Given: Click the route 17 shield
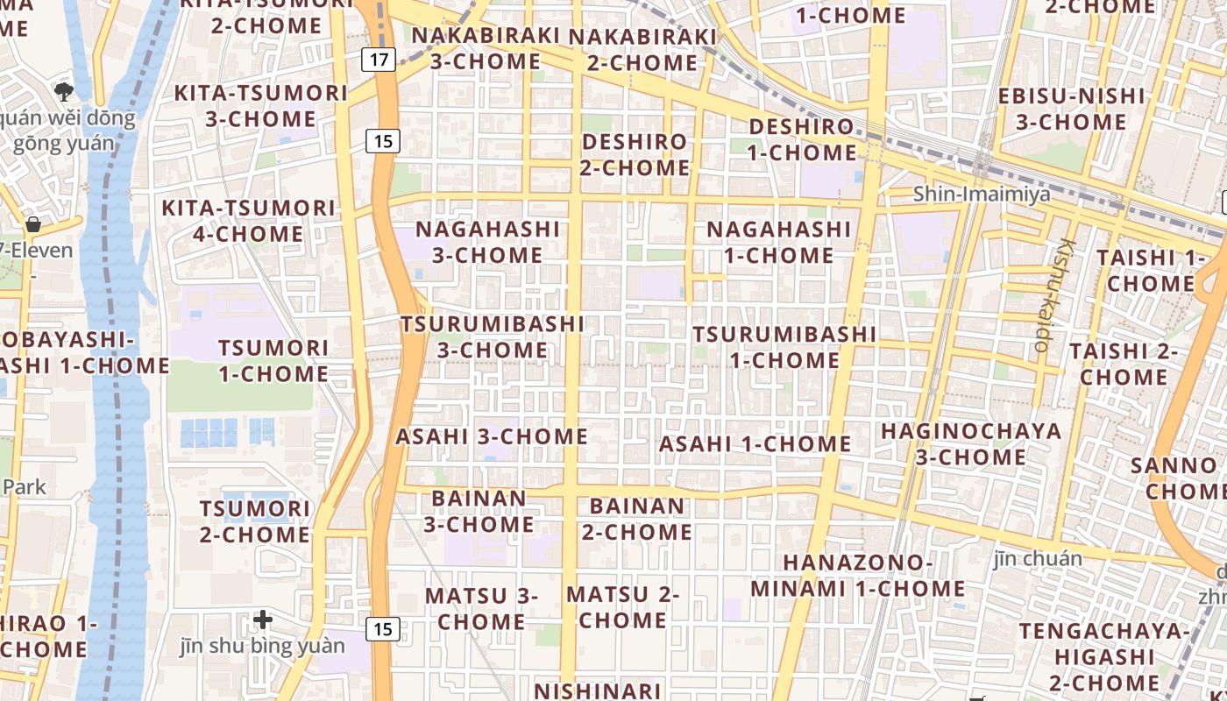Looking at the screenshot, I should pos(379,60).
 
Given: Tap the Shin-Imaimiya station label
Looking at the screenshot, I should pos(982,194).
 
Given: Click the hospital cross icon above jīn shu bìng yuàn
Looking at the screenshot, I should pos(263,620).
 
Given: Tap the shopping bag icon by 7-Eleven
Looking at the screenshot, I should pos(33,224).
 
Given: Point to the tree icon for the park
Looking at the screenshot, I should pos(63,90).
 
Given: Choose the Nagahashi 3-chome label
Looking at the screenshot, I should pos(487,242).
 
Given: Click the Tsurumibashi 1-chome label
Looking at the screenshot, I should pos(784,347).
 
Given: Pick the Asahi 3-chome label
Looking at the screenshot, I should pos(492,436).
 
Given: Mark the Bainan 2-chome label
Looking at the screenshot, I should pos(637,519).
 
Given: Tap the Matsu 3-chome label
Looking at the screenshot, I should pos(481,608).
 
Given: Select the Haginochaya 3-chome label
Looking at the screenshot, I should pos(971,443).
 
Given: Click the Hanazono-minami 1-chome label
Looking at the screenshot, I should pos(858,575).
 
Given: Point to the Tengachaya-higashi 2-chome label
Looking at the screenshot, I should pos(1104,656).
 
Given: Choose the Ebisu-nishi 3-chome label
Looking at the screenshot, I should pos(1071,109).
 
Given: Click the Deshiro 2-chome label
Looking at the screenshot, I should pos(635,154).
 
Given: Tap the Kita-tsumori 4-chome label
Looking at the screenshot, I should pos(248,221).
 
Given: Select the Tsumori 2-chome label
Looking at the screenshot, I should pos(255,521).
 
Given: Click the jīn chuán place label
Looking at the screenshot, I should pos(1038,558).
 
